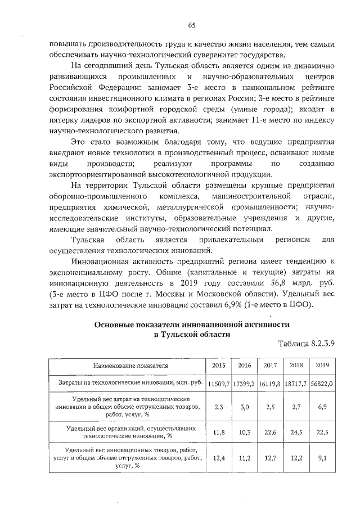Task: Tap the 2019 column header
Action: tap(322, 366)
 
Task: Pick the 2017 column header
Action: tap(270, 366)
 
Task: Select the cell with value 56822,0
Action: tap(322, 383)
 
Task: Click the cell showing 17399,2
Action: tap(244, 383)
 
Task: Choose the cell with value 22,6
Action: tap(270, 431)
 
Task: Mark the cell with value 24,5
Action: tap(296, 431)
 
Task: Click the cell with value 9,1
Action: tap(322, 458)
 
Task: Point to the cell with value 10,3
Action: tap(244, 431)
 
